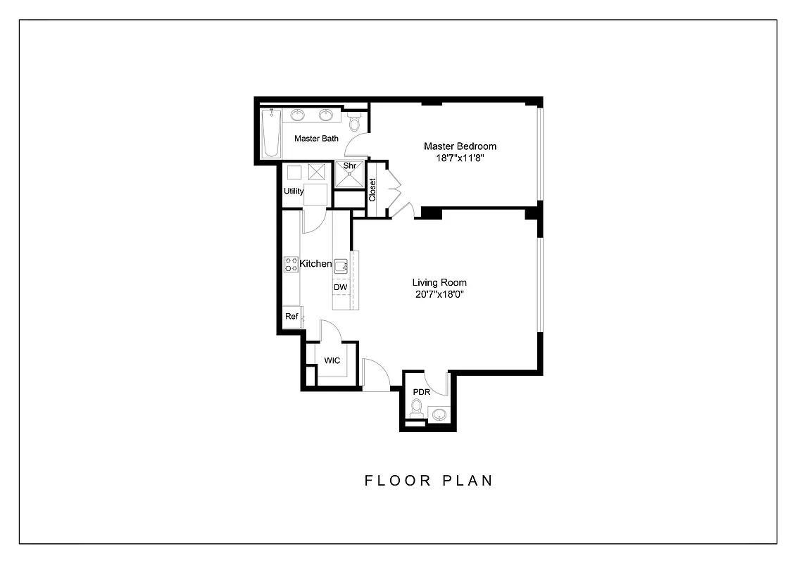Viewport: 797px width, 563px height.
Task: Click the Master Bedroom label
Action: [460, 146]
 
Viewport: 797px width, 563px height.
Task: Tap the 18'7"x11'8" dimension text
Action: [460, 158]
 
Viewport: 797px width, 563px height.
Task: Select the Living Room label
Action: [439, 283]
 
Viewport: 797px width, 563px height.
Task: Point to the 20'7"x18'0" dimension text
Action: [439, 295]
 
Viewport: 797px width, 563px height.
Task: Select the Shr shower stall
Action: [349, 175]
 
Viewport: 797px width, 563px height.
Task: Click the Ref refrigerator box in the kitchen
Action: [291, 317]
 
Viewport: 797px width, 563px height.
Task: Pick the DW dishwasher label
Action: [340, 287]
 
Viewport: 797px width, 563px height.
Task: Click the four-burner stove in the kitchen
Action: [291, 265]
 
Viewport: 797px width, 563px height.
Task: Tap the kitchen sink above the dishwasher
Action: [341, 265]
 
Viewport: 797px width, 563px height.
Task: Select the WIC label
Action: [332, 360]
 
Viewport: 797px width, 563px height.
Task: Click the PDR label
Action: [421, 392]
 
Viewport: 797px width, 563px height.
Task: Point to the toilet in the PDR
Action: [417, 408]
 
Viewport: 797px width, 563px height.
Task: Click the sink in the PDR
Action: [439, 415]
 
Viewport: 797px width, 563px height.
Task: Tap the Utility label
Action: [294, 191]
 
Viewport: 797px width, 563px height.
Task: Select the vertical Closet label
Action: [372, 189]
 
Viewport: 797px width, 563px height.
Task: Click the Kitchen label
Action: [315, 264]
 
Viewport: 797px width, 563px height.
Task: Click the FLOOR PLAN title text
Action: [429, 481]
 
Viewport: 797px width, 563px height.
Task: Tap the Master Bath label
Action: [316, 139]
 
